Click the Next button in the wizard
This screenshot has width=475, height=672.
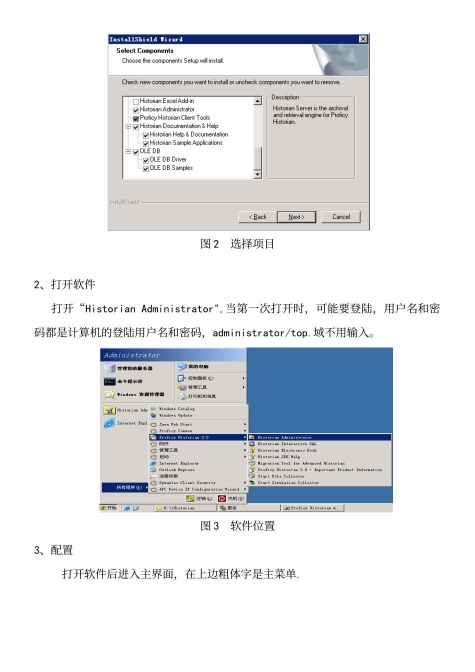coord(296,217)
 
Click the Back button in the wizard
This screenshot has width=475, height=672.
coord(258,217)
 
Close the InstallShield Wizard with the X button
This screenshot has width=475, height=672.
coord(363,39)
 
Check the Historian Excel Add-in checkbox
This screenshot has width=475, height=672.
coord(136,101)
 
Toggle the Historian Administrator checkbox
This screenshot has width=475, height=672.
coord(136,110)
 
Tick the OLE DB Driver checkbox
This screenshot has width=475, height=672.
coord(146,160)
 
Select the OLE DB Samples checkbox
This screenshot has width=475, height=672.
coord(146,168)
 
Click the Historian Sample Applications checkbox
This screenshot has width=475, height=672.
coord(146,143)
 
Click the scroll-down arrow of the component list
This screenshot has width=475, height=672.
coord(258,174)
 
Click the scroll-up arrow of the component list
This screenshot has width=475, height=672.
coord(258,101)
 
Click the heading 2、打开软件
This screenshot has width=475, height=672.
coord(64,284)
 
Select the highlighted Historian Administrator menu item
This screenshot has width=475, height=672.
coord(284,437)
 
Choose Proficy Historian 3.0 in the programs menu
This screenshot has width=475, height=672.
coord(183,437)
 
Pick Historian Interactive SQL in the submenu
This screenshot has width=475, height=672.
coord(287,444)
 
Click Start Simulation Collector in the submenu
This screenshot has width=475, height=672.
coord(288,483)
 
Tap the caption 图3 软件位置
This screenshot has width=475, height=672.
coord(237,526)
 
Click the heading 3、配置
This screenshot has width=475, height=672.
coord(53,550)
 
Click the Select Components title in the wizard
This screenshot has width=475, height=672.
coord(145,51)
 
